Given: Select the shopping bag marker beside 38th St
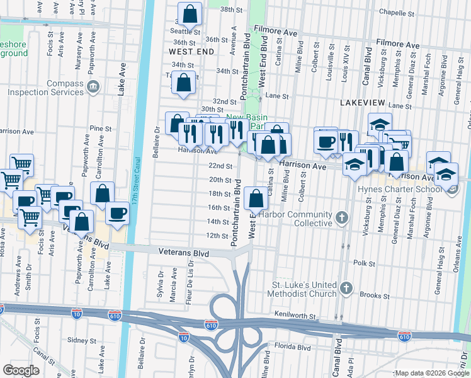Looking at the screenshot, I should [190, 14].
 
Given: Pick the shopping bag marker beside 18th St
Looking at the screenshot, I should [256, 198].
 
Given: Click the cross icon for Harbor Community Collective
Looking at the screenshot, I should [341, 218].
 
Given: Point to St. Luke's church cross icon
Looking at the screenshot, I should [346, 288].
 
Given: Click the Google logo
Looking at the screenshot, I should [21, 370].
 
